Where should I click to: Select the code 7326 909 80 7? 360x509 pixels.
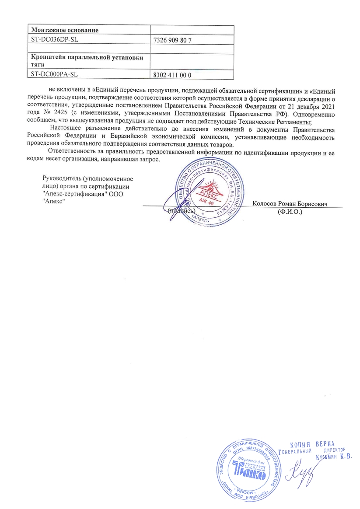(173, 40)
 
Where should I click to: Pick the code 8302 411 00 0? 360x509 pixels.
(173, 75)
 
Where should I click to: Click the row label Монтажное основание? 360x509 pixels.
(64, 30)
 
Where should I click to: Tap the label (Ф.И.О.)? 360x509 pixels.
(290, 212)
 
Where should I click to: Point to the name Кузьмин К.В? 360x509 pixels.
(333, 457)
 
